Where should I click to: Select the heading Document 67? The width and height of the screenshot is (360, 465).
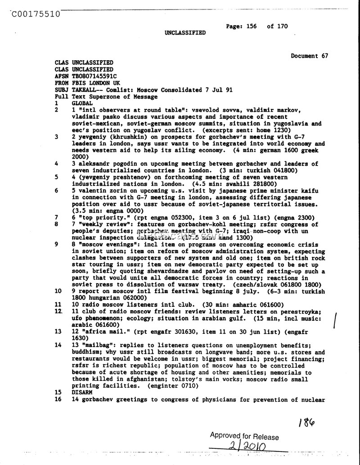click(309, 56)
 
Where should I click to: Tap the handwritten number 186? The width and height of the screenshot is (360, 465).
click(306, 423)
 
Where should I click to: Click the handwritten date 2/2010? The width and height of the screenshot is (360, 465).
click(247, 446)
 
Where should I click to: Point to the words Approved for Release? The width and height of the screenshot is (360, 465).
click(244, 436)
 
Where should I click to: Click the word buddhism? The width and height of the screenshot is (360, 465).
click(87, 352)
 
